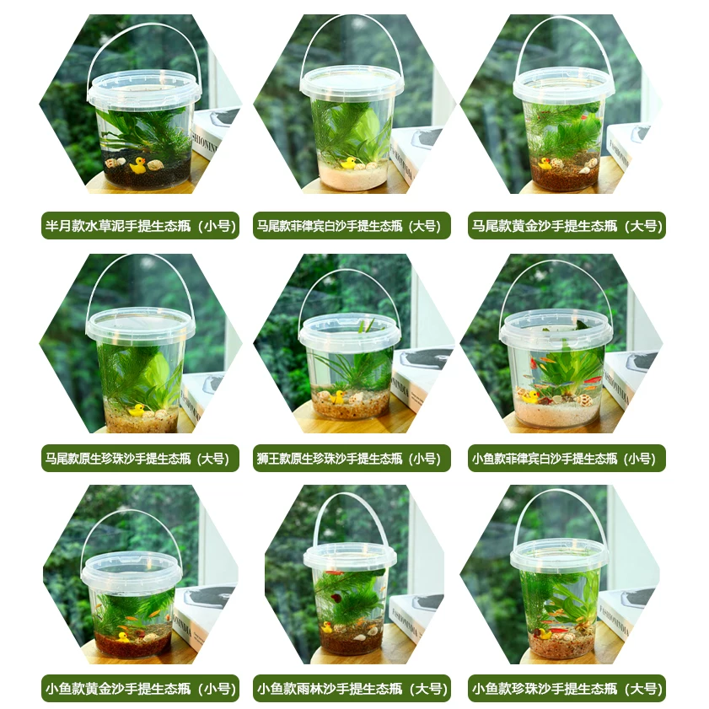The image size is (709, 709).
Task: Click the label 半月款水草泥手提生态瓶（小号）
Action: click(x=140, y=226)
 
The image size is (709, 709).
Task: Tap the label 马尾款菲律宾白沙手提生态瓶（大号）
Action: click(x=352, y=226)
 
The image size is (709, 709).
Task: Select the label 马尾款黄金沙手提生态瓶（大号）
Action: click(x=567, y=226)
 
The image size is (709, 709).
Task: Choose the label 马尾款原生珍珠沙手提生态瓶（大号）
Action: click(x=139, y=459)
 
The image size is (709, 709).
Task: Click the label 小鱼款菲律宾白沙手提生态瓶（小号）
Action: click(x=567, y=459)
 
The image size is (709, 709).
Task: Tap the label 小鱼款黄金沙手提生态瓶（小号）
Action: click(x=140, y=689)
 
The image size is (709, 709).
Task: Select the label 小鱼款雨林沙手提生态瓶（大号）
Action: click(x=352, y=689)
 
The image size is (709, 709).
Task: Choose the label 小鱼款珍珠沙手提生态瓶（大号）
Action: click(x=567, y=689)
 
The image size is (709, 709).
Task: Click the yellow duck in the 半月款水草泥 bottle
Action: click(x=137, y=165)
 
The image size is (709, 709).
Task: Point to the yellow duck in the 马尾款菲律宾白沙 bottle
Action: click(x=347, y=162)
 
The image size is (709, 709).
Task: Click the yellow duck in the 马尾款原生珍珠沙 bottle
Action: click(x=136, y=411)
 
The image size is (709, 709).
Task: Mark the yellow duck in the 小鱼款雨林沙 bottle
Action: click(x=327, y=627)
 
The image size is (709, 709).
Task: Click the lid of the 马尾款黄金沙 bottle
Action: click(x=562, y=84)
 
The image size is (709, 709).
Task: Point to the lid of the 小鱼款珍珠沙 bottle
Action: click(x=559, y=553)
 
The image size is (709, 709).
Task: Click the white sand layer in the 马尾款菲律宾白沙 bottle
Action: click(x=352, y=177)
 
